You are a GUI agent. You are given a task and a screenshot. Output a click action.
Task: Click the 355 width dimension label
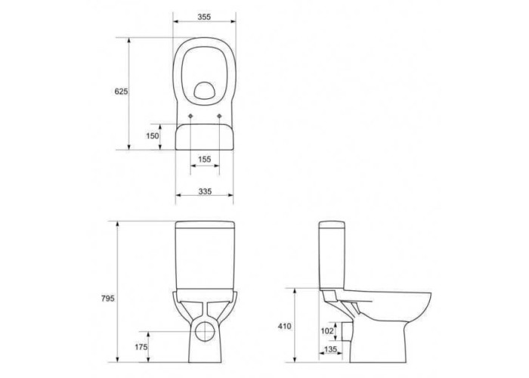(x=204, y=17)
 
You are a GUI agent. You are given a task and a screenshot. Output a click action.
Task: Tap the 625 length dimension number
(x=121, y=91)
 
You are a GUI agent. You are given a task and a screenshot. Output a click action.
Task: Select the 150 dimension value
(x=152, y=135)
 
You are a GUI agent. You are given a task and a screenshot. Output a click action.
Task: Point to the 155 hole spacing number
(x=205, y=159)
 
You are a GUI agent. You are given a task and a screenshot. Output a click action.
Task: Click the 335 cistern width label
(x=205, y=191)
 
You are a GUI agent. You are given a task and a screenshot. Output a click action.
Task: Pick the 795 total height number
(x=107, y=299)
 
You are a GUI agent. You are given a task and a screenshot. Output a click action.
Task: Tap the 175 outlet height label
(x=141, y=346)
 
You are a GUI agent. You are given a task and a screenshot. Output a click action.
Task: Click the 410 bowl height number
(x=284, y=327)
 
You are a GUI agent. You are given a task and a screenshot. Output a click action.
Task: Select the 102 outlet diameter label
(x=327, y=331)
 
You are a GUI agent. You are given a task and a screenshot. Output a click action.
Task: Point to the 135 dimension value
(x=330, y=349)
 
